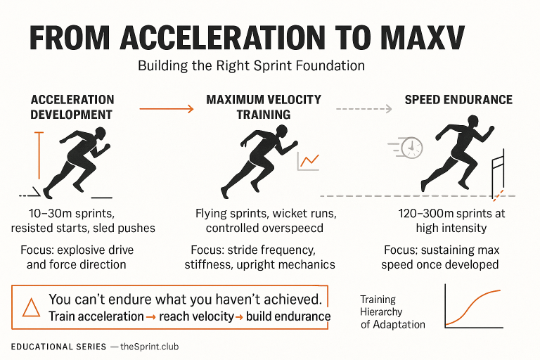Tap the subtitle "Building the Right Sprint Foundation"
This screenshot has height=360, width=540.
click(251, 67)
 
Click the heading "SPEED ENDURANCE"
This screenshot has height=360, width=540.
click(458, 100)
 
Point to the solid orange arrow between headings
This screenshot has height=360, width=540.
click(166, 108)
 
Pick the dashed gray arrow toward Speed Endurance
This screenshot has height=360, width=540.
click(364, 108)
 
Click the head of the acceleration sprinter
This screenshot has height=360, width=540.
click(101, 132)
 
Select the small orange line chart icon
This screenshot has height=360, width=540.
click(309, 161)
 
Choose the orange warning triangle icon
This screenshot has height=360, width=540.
click(31, 308)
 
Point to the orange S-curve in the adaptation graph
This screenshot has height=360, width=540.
click(473, 307)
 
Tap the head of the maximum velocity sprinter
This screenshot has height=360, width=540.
click(282, 131)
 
